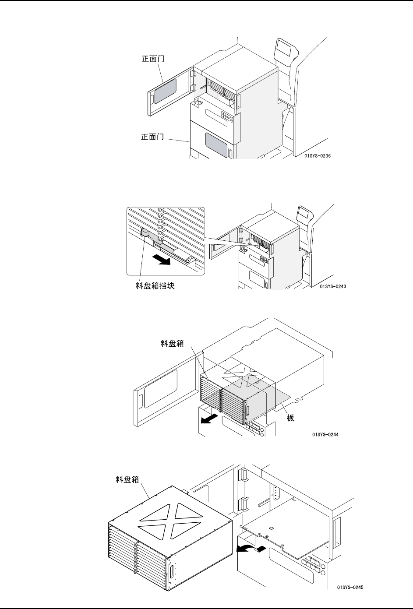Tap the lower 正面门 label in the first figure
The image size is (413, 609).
152,137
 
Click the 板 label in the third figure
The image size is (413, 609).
290,418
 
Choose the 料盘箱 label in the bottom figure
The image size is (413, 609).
124,480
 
